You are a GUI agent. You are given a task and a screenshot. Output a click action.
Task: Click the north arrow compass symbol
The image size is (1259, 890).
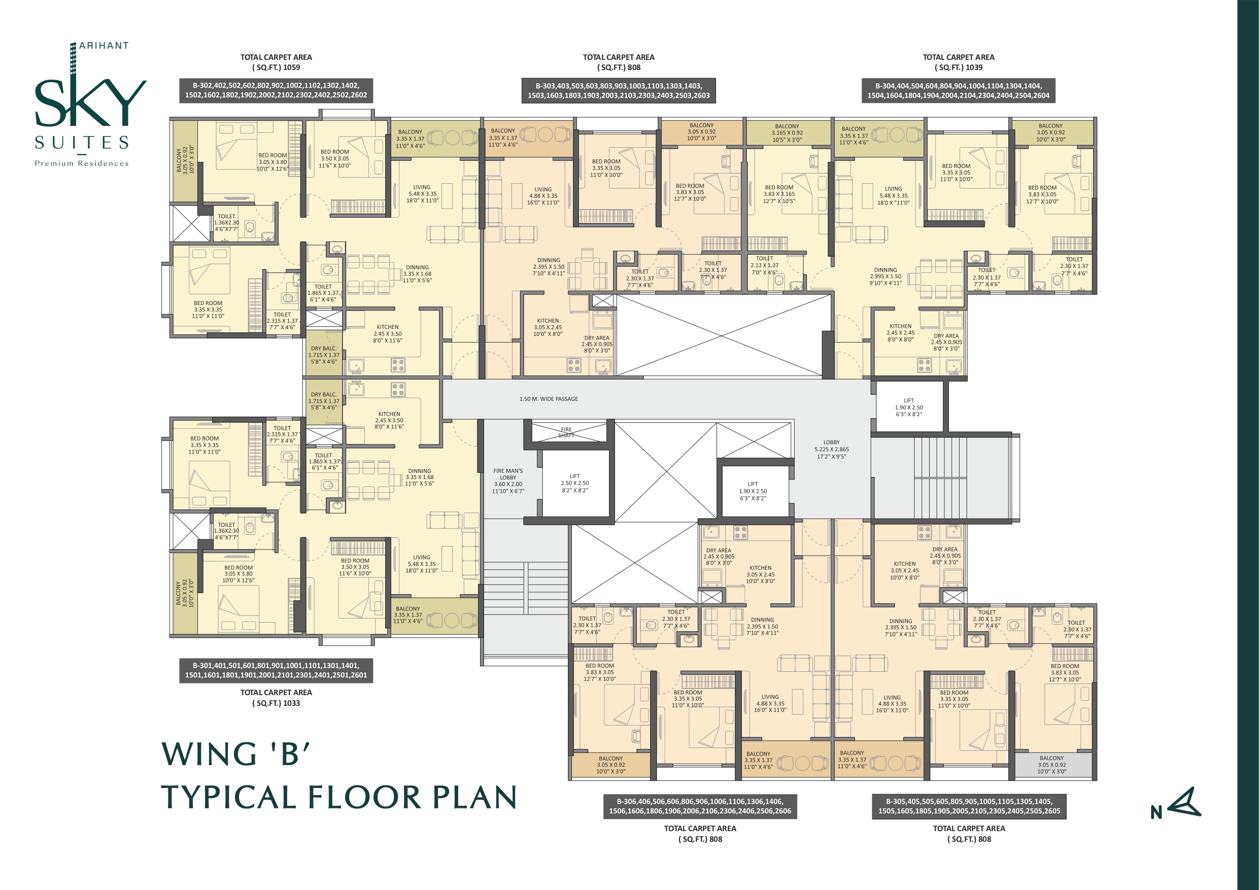tap(1184, 803)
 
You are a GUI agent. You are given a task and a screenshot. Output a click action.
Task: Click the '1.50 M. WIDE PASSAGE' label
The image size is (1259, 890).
tap(549, 399)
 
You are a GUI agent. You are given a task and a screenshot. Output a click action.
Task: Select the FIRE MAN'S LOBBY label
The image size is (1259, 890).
tap(508, 481)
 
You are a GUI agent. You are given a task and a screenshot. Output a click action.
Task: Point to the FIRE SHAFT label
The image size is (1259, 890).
tap(566, 433)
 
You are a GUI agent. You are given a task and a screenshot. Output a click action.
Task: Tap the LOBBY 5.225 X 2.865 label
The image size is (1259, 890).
tap(831, 449)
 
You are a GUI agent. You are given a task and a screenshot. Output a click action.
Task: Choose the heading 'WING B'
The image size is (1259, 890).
tap(236, 754)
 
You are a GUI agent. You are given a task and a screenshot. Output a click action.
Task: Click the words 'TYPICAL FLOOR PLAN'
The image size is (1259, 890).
tap(339, 797)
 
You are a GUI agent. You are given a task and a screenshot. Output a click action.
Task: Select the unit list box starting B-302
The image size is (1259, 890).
tap(277, 90)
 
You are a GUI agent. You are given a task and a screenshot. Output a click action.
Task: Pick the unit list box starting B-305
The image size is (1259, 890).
tap(969, 806)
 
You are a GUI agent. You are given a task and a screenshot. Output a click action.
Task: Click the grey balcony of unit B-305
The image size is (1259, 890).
tap(1052, 765)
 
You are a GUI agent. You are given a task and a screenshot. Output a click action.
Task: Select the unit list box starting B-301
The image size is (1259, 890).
tap(277, 671)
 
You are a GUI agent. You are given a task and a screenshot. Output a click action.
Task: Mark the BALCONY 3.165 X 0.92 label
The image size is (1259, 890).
tap(787, 133)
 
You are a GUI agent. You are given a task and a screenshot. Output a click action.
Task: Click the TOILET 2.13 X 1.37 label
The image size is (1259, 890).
tap(764, 265)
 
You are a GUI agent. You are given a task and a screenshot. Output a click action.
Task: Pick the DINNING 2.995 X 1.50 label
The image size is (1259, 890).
tap(885, 277)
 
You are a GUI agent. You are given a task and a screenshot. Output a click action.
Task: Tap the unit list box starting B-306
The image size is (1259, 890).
tap(700, 806)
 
